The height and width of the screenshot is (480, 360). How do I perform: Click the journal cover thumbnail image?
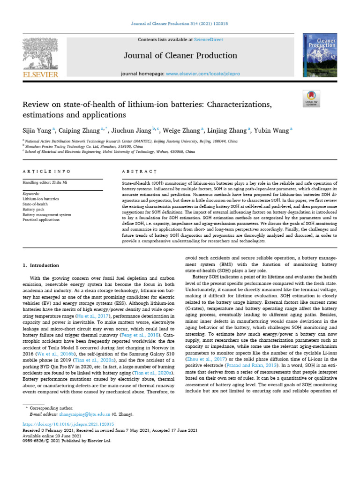click(320, 54)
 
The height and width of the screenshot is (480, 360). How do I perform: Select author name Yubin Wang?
click(272, 130)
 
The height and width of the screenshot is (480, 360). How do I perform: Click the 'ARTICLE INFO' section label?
click(47, 172)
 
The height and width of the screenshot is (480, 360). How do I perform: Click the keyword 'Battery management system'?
click(47, 214)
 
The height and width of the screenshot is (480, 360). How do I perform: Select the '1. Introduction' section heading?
click(41, 265)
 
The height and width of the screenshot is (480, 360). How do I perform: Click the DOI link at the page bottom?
click(68, 423)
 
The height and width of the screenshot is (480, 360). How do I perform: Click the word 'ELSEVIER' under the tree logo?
click(40, 74)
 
